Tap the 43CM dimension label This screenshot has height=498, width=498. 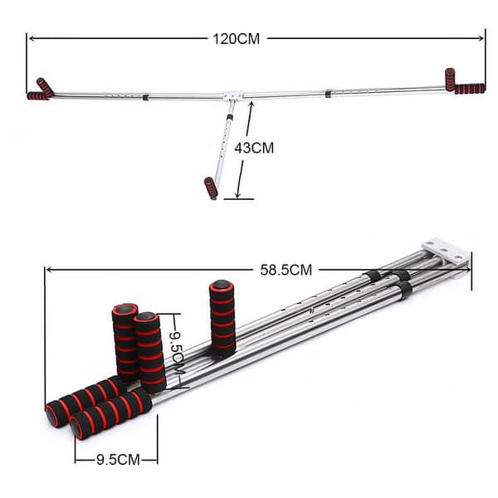click(x=254, y=147)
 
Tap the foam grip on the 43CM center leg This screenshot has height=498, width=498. click(x=212, y=188)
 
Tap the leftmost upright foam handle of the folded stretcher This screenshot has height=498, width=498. click(x=124, y=340)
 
